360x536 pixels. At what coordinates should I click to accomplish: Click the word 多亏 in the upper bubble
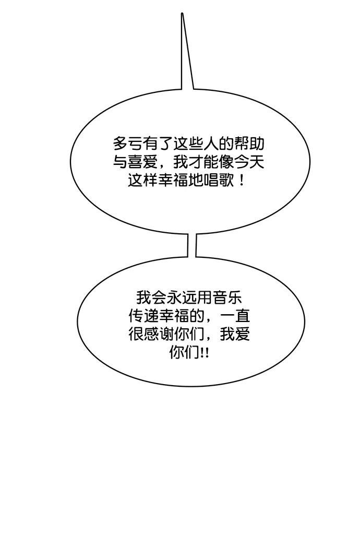[128, 144]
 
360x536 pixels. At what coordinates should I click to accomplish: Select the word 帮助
[249, 144]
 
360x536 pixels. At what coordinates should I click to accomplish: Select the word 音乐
[226, 297]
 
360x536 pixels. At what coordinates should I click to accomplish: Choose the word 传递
[143, 316]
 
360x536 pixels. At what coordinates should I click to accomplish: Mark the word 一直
[234, 316]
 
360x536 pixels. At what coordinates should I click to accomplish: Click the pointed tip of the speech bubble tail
[182, 14]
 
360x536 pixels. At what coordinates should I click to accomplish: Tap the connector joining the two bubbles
[191, 245]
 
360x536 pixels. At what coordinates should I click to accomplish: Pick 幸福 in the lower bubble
[174, 316]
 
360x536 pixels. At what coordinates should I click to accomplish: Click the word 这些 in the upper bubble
[189, 144]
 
